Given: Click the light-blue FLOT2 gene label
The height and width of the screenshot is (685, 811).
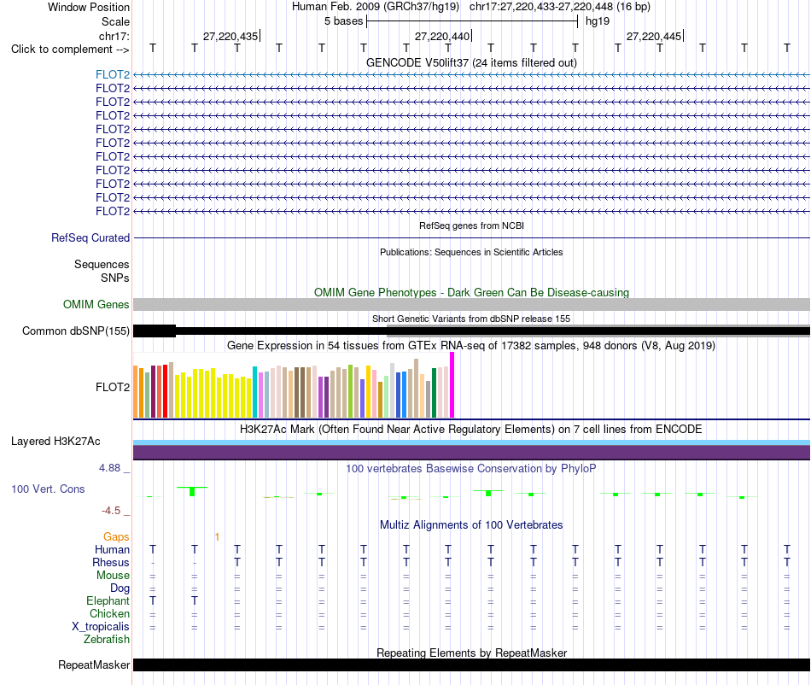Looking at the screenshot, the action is pyautogui.click(x=113, y=74).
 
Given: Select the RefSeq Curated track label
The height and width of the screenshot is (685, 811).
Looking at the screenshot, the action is pyautogui.click(x=90, y=238).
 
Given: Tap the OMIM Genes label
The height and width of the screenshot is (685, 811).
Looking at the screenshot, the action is pyautogui.click(x=96, y=304).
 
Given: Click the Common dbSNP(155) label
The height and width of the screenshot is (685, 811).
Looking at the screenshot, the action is pyautogui.click(x=76, y=331).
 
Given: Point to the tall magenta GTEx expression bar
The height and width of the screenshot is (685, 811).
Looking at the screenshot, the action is pyautogui.click(x=452, y=385).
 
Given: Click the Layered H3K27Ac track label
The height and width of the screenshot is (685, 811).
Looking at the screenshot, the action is pyautogui.click(x=55, y=442).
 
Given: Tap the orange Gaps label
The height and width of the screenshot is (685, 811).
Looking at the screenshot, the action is pyautogui.click(x=116, y=537).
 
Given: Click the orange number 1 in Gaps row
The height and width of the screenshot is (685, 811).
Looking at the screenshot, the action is pyautogui.click(x=217, y=537).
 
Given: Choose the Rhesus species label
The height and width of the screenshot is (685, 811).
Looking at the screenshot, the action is pyautogui.click(x=111, y=562).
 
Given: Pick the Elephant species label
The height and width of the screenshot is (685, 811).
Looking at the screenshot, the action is pyautogui.click(x=108, y=600).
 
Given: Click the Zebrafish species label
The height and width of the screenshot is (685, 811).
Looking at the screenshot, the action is pyautogui.click(x=107, y=640).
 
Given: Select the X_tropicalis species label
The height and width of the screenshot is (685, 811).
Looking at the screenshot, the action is pyautogui.click(x=101, y=627).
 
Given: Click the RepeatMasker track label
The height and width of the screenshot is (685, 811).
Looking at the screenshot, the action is pyautogui.click(x=94, y=665).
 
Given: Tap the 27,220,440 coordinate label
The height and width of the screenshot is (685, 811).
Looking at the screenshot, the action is pyautogui.click(x=442, y=36).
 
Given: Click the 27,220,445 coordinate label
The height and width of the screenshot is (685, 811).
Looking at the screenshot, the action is pyautogui.click(x=654, y=36).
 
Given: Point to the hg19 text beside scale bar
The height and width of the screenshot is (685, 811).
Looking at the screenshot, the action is pyautogui.click(x=598, y=21).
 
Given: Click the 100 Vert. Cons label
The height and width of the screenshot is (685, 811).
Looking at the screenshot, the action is pyautogui.click(x=48, y=489).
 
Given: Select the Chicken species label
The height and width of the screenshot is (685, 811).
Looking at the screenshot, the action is pyautogui.click(x=109, y=613).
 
